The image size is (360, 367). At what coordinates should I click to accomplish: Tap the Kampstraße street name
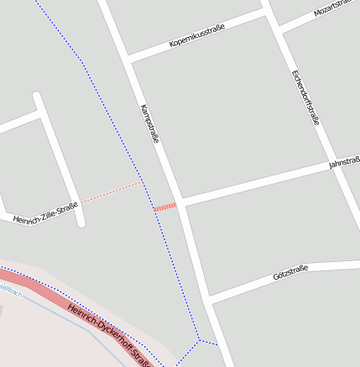(149, 123)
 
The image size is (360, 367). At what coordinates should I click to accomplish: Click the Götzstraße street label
(290, 272)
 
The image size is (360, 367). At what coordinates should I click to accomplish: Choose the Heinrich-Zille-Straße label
(45, 212)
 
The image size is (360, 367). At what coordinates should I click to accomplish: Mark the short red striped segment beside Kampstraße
(164, 207)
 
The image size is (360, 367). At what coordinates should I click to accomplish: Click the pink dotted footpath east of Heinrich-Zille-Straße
(112, 191)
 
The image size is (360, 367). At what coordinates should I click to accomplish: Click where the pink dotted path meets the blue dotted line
(142, 181)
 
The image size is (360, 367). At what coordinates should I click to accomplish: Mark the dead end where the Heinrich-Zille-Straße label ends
(81, 223)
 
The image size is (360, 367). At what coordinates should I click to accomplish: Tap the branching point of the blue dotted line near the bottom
(199, 341)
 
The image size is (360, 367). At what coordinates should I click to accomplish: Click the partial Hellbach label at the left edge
(9, 290)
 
